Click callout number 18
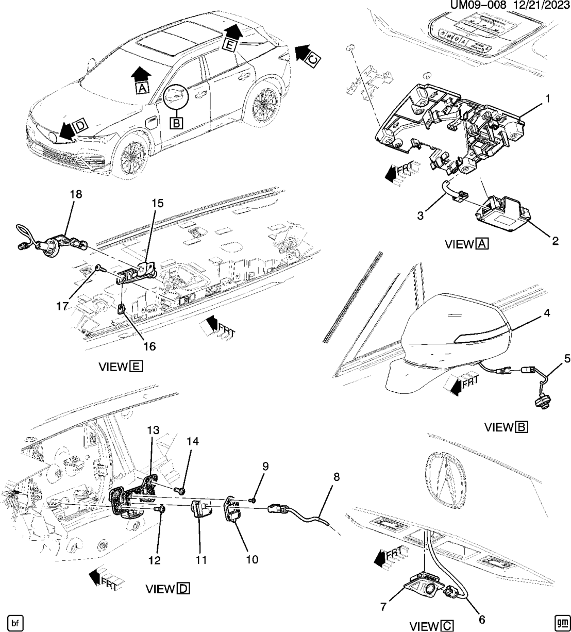[x=76, y=194]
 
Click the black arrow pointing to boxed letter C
[x=303, y=53]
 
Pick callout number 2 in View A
[x=555, y=241]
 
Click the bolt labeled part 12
[x=160, y=509]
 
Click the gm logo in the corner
[x=561, y=623]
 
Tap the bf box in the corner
[x=15, y=623]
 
